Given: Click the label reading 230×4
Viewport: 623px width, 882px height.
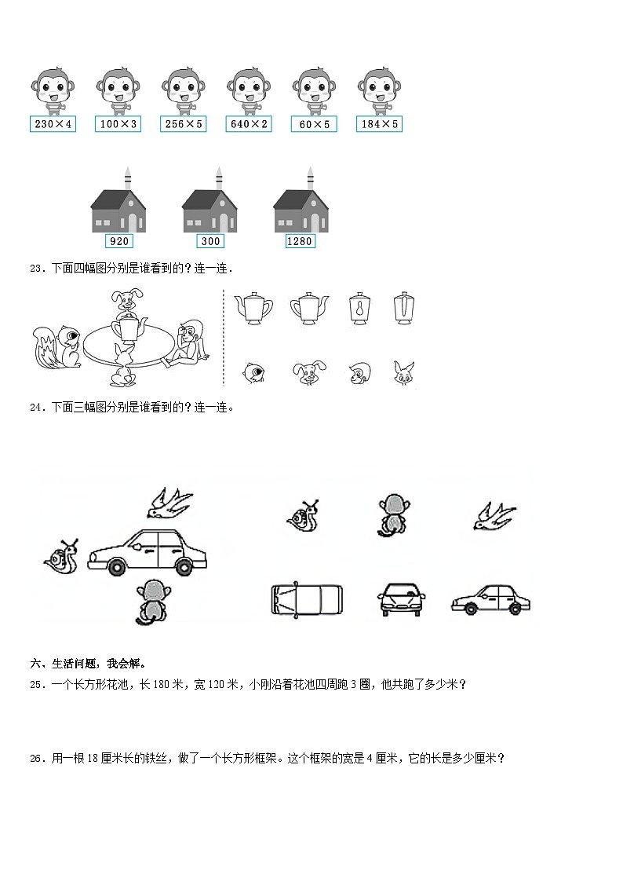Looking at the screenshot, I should pos(53,124).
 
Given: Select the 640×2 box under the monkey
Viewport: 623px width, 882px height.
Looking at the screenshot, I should pos(249,124).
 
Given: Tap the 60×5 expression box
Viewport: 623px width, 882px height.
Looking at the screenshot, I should pos(314,124).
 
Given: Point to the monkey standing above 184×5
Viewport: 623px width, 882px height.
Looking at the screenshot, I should pos(379,91).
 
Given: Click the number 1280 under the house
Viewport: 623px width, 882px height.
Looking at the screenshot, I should pos(300,242).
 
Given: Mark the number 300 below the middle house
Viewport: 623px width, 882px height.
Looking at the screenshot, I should pos(209,242).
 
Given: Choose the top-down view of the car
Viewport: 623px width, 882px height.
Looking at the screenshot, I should pos(307,599).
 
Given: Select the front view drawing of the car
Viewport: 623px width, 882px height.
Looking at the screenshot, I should pos(402,599).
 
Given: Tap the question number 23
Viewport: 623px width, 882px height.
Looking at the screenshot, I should pos(37,269).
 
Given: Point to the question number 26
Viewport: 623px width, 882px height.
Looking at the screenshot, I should pos(37,759).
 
